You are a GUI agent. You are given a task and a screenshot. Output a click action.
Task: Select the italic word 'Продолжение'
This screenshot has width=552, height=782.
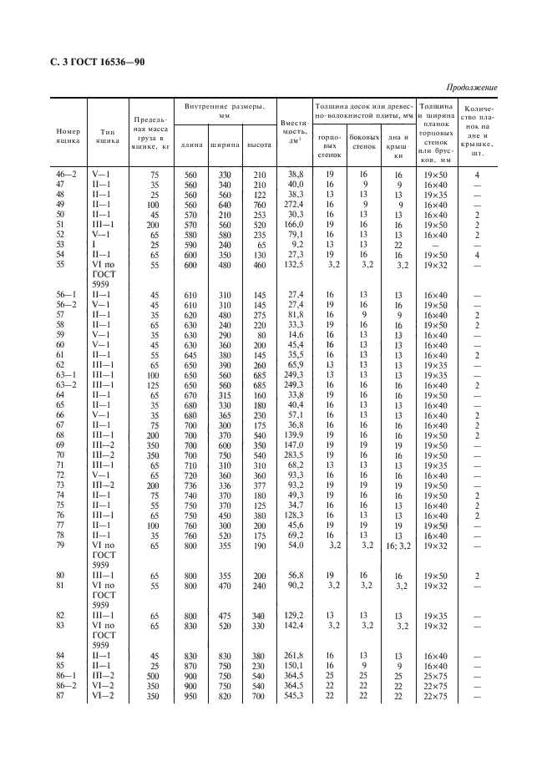tap(472, 88)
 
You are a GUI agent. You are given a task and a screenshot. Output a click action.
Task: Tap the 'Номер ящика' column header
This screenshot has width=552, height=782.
tap(68, 137)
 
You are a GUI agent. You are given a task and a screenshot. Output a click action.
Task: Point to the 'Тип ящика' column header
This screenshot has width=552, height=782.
tap(107, 137)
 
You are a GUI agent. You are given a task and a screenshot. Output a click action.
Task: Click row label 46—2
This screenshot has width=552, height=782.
tap(66, 174)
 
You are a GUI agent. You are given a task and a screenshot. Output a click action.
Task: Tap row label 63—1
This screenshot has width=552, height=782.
tap(66, 374)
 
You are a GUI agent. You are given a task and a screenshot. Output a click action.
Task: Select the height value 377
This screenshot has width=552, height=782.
tap(258, 485)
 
